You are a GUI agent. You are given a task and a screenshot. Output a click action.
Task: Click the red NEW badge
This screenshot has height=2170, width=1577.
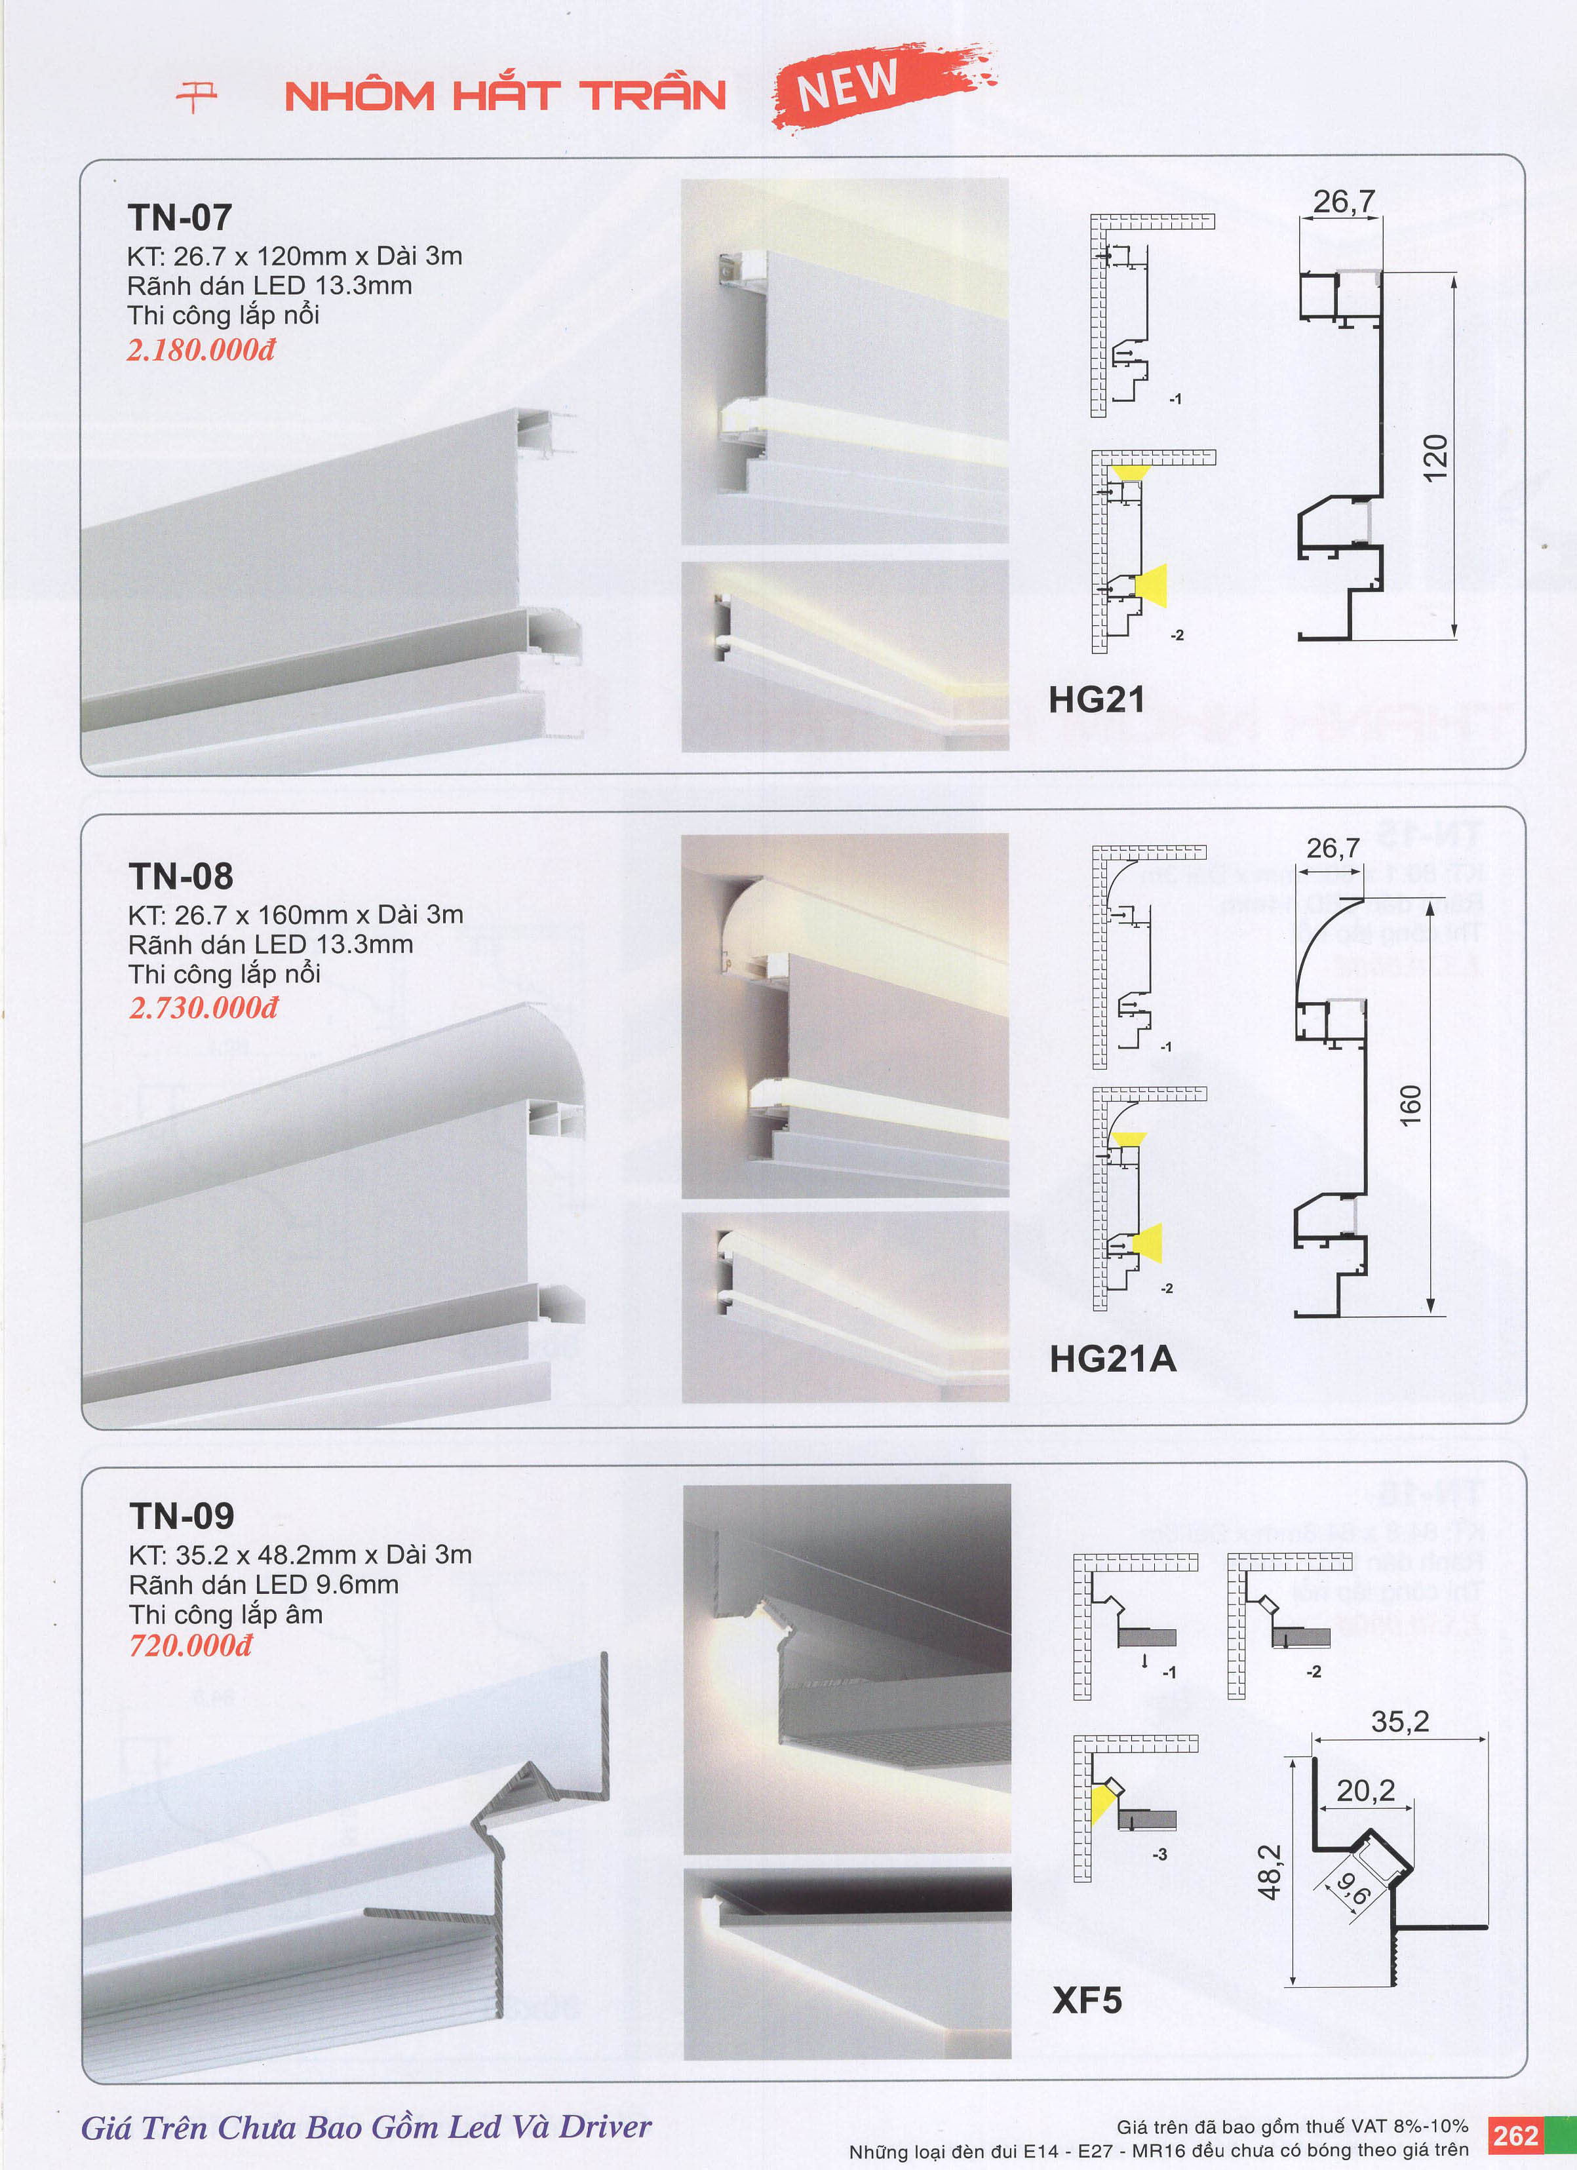(x=884, y=86)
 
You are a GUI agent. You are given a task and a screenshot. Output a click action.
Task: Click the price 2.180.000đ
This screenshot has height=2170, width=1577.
(x=201, y=349)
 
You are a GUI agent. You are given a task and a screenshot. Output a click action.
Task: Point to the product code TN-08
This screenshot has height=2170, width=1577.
(x=181, y=876)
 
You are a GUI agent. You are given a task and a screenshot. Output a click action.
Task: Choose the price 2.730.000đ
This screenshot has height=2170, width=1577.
(x=204, y=1007)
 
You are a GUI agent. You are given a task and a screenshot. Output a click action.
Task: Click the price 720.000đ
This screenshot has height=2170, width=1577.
(x=191, y=1645)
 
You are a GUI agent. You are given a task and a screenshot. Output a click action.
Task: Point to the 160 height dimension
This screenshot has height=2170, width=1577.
(x=1411, y=1106)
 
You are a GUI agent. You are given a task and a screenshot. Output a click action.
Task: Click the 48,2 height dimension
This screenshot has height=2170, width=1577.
(x=1269, y=1872)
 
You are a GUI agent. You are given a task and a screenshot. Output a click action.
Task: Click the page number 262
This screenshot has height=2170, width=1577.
(x=1516, y=2135)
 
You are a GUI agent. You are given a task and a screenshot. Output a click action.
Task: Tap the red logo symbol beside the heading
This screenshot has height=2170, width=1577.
(x=197, y=96)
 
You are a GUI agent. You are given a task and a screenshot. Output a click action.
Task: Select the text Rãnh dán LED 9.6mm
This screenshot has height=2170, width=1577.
(x=264, y=1585)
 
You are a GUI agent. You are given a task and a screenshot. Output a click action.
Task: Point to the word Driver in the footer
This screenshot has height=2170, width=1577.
(x=605, y=2126)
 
